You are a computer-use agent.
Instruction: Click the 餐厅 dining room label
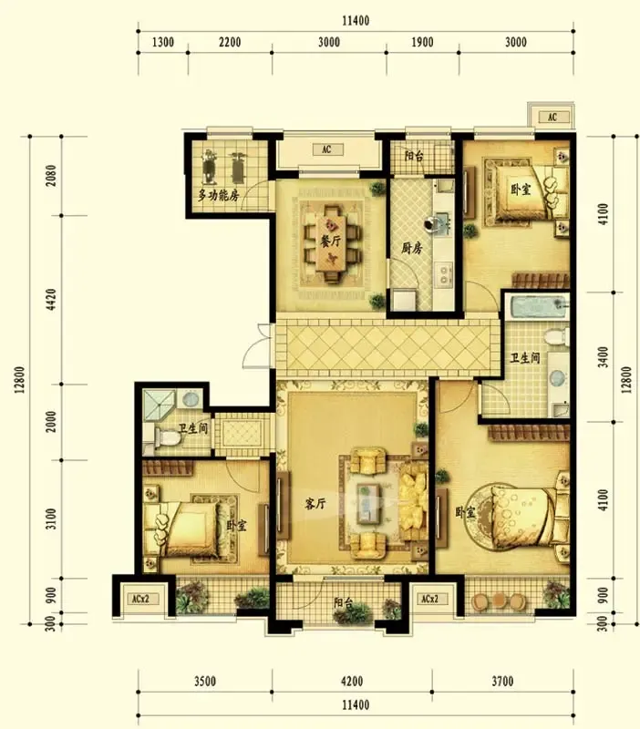pos(331,241)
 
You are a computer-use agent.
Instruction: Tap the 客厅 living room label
pos(315,503)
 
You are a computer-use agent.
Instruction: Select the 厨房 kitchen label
pos(412,248)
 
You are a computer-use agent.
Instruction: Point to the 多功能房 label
pos(219,195)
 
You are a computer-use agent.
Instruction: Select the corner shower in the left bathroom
pos(160,405)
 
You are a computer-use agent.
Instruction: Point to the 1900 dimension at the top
pos(422,42)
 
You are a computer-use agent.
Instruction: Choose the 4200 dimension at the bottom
pos(352,682)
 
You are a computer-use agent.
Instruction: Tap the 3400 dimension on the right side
pos(604,357)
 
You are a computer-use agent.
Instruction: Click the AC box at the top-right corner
pos(552,117)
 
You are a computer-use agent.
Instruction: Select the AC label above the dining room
pos(326,149)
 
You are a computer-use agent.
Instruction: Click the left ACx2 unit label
pos(140,599)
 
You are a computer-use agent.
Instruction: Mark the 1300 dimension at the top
pos(163,42)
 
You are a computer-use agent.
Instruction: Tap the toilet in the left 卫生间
pos(167,438)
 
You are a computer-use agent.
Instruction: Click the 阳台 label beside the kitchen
pos(414,156)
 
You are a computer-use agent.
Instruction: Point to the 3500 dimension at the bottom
pos(204,682)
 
